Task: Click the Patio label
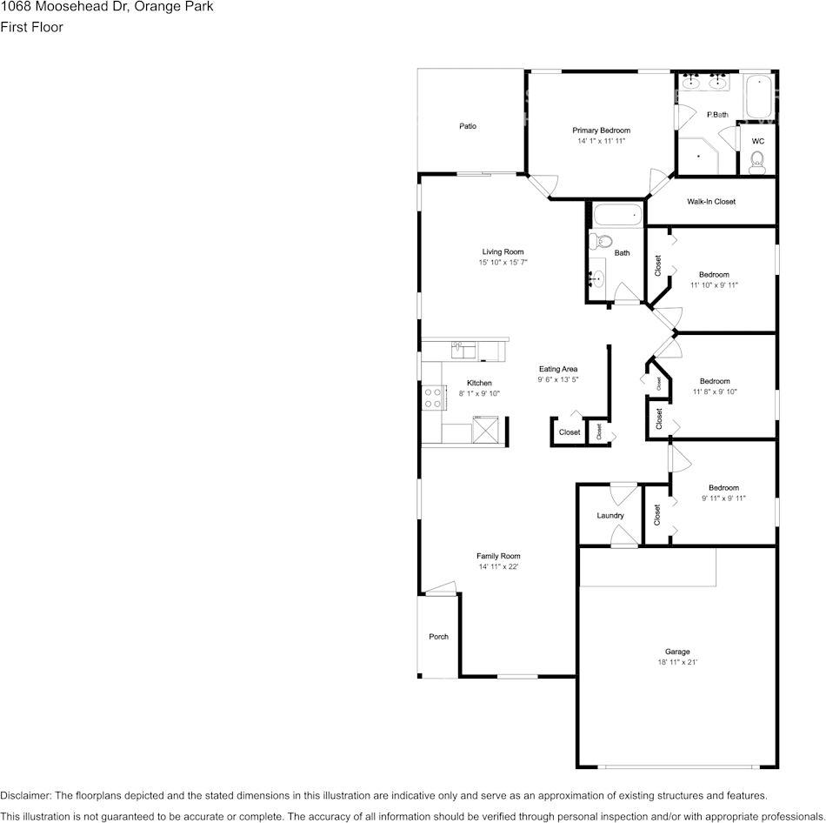tap(468, 126)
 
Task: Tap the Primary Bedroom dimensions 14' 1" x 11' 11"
tap(601, 141)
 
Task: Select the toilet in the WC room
tap(757, 162)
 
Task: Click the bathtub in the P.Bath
tap(759, 97)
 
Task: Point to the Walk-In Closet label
tap(711, 202)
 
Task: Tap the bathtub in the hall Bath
tap(618, 215)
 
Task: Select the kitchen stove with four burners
tap(433, 398)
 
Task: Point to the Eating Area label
tap(558, 369)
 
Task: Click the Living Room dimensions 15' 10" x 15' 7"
tap(503, 262)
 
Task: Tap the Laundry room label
tap(610, 515)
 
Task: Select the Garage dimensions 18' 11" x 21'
tap(677, 662)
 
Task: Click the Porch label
tap(438, 636)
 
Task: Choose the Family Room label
tap(498, 556)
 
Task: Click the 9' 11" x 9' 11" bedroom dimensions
tap(723, 498)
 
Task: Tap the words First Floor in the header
tap(31, 27)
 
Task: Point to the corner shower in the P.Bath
tap(697, 156)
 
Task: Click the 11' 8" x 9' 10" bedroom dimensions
tap(715, 391)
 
